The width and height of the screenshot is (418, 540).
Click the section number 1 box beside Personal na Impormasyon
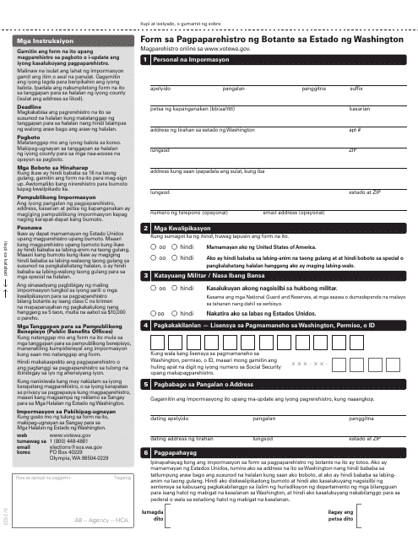coord(147,61)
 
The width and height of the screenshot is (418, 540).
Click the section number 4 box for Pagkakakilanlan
coord(147,327)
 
